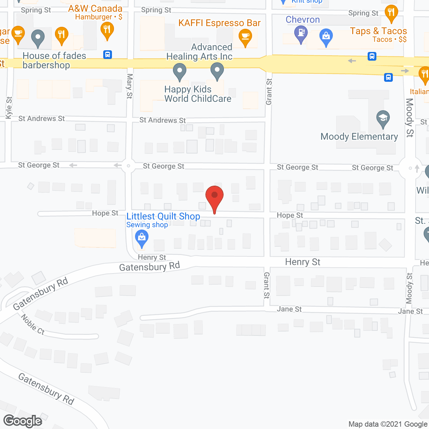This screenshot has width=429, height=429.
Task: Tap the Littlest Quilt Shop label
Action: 163,217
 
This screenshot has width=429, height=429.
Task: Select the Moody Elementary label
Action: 359,137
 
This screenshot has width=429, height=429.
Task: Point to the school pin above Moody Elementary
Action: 383,119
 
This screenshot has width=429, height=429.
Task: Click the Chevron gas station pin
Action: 301,34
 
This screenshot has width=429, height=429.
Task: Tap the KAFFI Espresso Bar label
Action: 220,23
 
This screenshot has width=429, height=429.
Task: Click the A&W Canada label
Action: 95,9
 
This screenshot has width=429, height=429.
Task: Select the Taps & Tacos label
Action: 378,31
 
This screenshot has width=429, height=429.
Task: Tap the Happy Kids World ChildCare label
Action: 198,94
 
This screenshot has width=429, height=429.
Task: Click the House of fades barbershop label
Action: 54,60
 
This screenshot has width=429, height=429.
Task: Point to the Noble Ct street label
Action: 33,324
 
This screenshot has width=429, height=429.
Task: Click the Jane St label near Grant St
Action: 289,309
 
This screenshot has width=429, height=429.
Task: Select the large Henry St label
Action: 303,262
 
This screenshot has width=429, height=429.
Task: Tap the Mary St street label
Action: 129,86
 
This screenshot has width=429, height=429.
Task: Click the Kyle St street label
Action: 9,108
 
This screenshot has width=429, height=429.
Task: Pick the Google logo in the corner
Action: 22,421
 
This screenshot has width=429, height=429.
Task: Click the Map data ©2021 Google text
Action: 388,424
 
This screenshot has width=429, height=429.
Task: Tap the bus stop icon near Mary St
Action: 108,55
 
